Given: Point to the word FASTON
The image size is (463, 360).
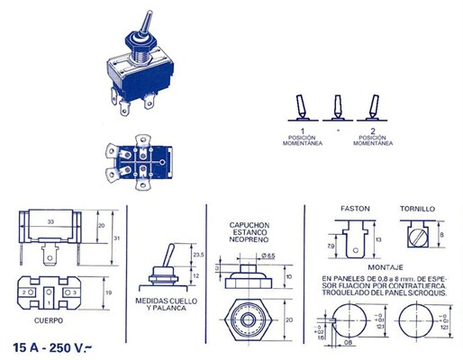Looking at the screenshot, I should (355, 208).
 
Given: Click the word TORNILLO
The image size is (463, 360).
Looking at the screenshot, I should (418, 208).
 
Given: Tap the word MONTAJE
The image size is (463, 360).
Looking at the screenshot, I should (386, 267).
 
